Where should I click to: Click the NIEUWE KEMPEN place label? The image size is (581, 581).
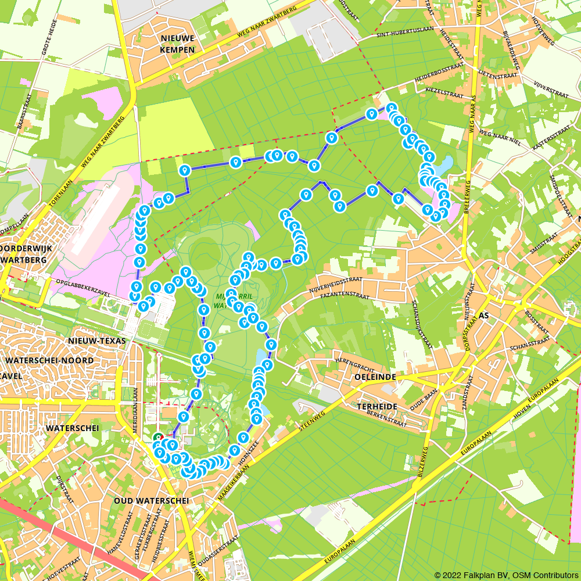tap(178, 44)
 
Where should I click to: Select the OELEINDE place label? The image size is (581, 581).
tap(375, 377)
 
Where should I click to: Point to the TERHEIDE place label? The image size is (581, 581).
tap(378, 407)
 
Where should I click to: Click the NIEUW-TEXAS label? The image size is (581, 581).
tap(97, 340)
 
